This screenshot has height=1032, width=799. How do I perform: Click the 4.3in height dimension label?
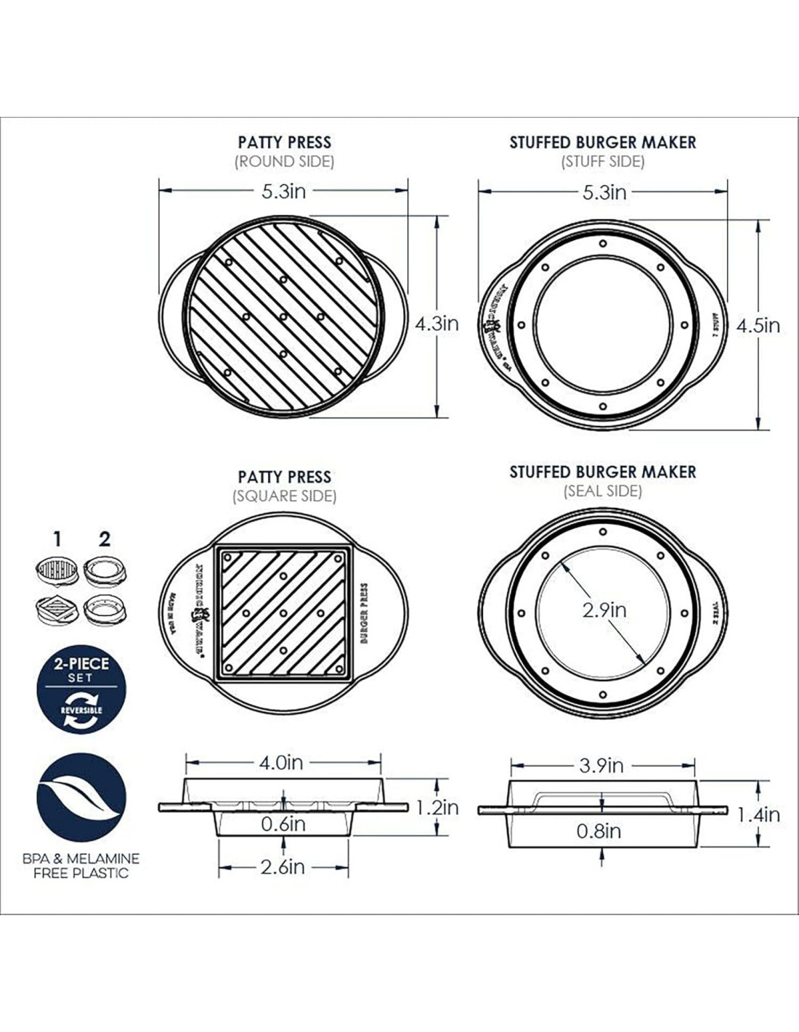point(437,324)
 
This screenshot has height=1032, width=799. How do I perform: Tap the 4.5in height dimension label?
point(758,326)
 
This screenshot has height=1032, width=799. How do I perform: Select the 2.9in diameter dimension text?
point(604,610)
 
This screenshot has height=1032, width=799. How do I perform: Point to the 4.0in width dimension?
point(281,763)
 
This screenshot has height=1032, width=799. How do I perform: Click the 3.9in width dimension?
point(601,766)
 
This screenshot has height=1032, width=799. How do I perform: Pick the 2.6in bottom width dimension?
point(283,867)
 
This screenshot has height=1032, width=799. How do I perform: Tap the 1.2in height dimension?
point(437,807)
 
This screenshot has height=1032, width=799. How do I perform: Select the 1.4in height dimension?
point(758,815)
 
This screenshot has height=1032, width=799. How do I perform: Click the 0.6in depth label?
point(283,824)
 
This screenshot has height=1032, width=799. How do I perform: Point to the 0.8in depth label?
point(599,831)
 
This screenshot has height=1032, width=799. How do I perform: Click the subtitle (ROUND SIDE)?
point(284,162)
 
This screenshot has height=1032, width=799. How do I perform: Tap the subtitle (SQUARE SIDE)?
point(284,496)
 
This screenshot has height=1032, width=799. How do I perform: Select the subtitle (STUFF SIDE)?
point(602,161)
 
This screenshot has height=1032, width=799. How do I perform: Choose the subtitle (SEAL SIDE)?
point(603,491)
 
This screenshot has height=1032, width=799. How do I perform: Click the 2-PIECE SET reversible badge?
point(81,694)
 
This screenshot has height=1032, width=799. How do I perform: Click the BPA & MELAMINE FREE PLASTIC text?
point(81,865)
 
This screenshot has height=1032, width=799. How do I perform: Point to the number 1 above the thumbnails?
point(57,539)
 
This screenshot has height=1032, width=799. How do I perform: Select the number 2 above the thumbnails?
point(105,539)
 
